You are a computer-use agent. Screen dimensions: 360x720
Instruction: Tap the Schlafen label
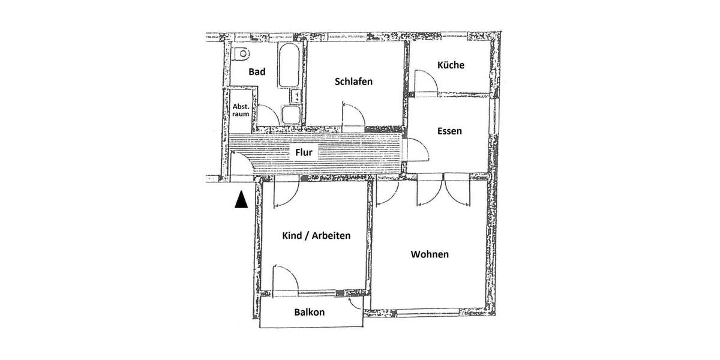coord(354,82)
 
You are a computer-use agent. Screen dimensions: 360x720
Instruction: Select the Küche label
coord(451,65)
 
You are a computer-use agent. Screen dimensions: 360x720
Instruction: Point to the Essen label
coord(449,131)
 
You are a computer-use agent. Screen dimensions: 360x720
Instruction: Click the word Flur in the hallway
coord(304,152)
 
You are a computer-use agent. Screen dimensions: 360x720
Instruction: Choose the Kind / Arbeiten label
coord(316,236)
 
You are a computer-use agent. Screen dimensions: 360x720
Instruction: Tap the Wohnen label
coord(430,254)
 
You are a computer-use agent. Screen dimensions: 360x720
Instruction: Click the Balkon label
coord(310,312)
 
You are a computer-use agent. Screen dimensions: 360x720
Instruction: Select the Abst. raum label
coord(241,109)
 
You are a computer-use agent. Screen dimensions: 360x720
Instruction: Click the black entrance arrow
coord(241,200)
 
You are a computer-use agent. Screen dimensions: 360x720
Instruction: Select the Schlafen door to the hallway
coord(352,115)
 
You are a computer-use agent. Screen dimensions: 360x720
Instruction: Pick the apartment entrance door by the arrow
coord(241,164)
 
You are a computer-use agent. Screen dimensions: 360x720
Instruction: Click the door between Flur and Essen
coord(415,148)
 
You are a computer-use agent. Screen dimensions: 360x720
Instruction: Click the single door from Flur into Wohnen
coord(388,192)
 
